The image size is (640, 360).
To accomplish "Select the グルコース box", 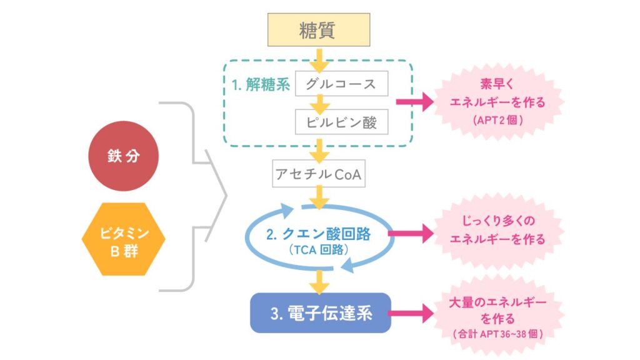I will point(341,84).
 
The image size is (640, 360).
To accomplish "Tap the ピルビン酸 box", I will point(341,122).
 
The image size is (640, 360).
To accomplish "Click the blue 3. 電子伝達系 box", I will point(320,312).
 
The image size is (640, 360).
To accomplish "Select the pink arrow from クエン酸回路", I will point(410,234).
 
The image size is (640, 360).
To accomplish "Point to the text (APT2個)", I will point(497,118).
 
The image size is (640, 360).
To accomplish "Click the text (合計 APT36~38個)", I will point(497,334).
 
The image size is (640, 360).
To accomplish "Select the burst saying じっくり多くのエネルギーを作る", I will point(497,230).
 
